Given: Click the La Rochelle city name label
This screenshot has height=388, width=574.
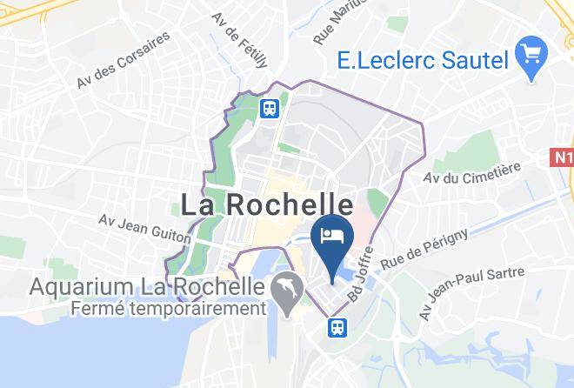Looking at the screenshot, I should tap(267, 204).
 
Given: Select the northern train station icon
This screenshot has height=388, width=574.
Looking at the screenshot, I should tap(270, 108).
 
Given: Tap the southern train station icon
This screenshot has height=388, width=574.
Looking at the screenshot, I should tap(336, 326).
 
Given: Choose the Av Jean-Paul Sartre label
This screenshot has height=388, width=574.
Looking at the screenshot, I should tap(473, 292).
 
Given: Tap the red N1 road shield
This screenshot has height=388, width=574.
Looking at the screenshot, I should tap(563, 158).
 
